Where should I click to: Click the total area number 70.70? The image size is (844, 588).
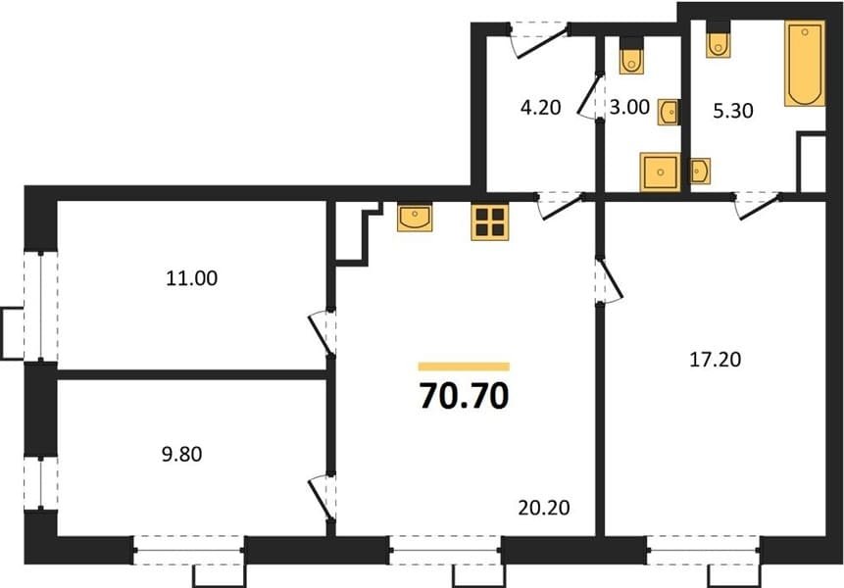(x=464, y=396)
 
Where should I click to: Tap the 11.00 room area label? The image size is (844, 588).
(x=191, y=278)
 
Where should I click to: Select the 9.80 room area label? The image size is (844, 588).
(x=182, y=454)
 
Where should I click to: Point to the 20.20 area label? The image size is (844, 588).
(x=544, y=508)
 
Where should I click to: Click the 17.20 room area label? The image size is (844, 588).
(x=716, y=359)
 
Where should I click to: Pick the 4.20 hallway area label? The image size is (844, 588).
(x=540, y=107)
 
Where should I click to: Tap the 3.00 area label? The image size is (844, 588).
(x=629, y=107)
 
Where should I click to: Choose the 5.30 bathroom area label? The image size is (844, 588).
(x=732, y=111)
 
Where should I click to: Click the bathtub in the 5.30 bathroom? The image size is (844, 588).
(x=805, y=64)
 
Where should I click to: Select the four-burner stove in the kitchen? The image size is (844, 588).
(x=490, y=222)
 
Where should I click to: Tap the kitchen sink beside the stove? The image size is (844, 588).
(x=415, y=218)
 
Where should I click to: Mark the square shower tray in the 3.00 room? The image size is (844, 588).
(x=660, y=172)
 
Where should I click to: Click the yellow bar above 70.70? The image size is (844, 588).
(x=464, y=367)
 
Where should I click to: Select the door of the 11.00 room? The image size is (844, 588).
(x=323, y=332)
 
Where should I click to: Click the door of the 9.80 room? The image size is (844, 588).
(x=323, y=497)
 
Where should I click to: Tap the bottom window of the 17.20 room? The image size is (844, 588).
(x=703, y=550)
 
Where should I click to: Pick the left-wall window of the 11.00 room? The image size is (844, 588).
(x=41, y=306)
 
